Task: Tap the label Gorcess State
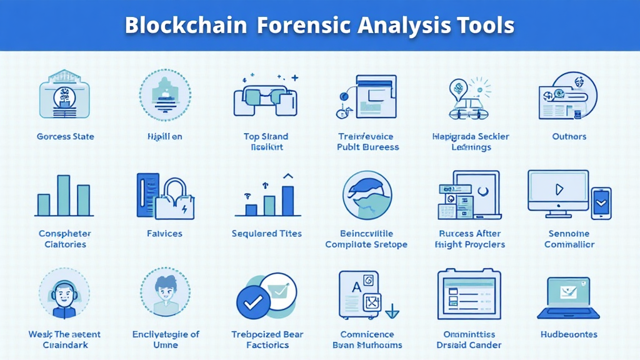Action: point(65,136)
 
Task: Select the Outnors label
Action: point(569,136)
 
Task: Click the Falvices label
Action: point(164,234)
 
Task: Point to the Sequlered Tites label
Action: point(267,234)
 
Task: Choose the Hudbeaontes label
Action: point(569,334)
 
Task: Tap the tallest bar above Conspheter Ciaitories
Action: point(64,196)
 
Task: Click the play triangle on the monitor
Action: point(559,189)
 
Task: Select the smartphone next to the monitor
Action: point(601,203)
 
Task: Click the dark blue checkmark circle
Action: point(253,303)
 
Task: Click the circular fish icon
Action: point(367,196)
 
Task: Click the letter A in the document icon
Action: point(356,287)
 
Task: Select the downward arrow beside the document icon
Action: point(392,310)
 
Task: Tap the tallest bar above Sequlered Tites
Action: point(287,200)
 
